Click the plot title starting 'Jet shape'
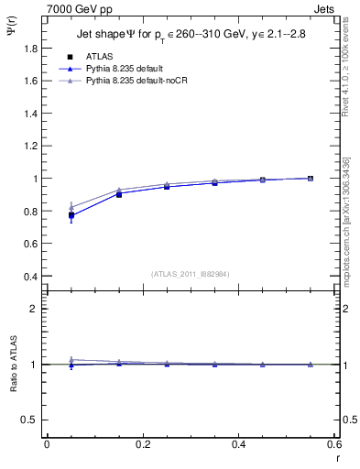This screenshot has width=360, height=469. pos(192,35)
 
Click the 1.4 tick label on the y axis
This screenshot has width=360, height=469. pos(32,114)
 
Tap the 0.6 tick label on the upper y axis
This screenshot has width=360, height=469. pos(32,244)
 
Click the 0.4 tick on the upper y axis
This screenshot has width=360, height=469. pos(32,277)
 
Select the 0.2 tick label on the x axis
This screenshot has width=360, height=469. pos(142,443)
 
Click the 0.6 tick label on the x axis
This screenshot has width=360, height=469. pos(334,443)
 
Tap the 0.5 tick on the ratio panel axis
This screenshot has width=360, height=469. pos(32,420)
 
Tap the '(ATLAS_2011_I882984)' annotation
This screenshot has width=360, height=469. pos(191,274)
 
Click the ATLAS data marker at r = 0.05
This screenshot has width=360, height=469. pos(71,215)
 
